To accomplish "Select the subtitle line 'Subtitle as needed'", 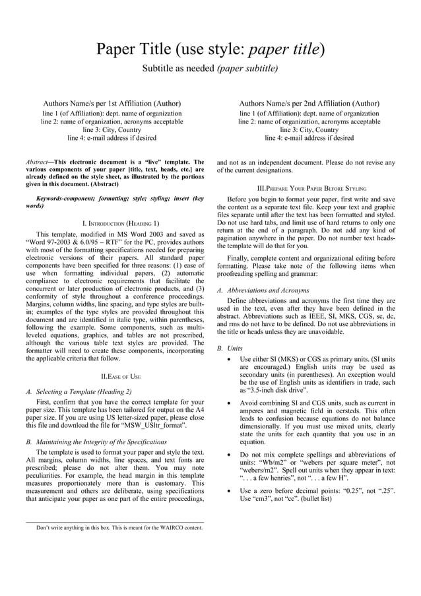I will [179, 69].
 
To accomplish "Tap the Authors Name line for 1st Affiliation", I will [112, 104].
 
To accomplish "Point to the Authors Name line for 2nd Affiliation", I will [309, 104].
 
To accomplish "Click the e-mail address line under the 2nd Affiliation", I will [309, 139].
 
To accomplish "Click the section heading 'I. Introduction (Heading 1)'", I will [120, 224].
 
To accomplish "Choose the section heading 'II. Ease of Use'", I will [120, 376].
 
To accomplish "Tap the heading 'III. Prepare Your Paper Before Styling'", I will [311, 189].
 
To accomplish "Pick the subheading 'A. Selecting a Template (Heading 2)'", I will [84, 392].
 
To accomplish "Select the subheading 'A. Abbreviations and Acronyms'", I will [263, 290].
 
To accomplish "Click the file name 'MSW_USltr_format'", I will [152, 426].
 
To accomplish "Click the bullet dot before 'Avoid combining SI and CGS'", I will [228, 403].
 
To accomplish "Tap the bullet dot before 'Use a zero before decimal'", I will [228, 490].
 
